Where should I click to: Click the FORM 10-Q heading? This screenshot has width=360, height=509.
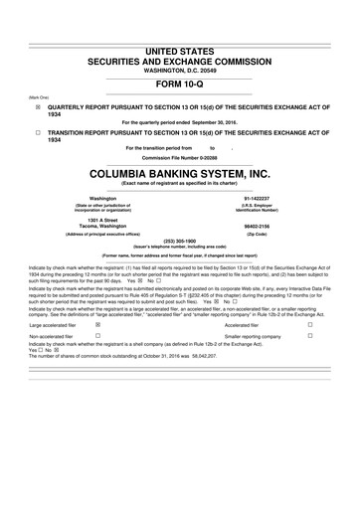click(180, 83)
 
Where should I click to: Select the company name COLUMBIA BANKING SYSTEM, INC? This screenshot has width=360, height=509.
click(180, 173)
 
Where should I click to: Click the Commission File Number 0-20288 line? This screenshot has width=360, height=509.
click(180, 158)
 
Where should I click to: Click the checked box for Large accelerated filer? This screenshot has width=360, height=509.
click(96, 324)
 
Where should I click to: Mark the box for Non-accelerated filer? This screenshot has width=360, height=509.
click(96, 337)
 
